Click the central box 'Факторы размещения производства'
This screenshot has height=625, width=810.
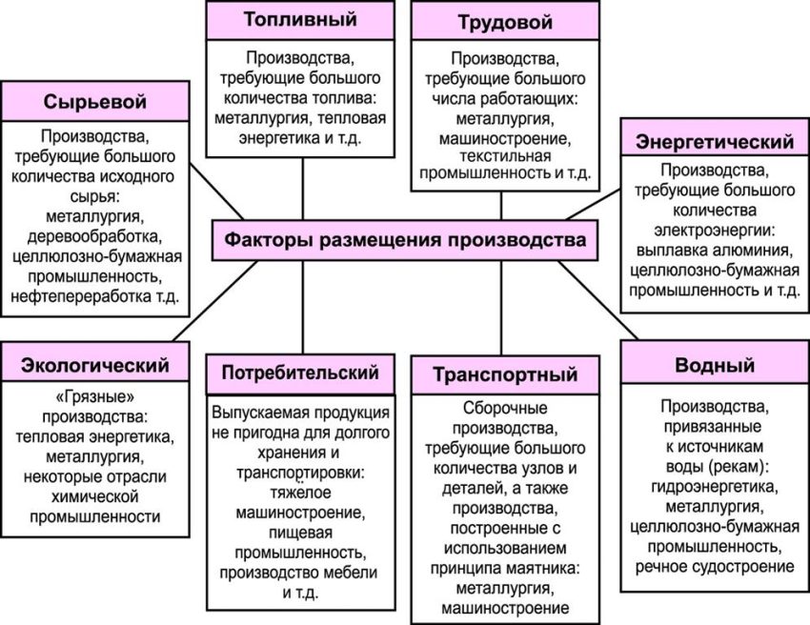pyautogui.click(x=405, y=240)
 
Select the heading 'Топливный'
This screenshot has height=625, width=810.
pyautogui.click(x=300, y=20)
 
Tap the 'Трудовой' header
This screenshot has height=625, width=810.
pyautogui.click(x=505, y=21)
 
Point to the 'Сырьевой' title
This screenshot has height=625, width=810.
pyautogui.click(x=95, y=101)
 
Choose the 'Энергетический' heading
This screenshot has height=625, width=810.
pyautogui.click(x=715, y=141)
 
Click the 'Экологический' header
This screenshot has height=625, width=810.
pyautogui.click(x=95, y=365)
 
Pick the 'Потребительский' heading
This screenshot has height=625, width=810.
pyautogui.click(x=300, y=373)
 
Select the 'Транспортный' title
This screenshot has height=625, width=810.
pyautogui.click(x=505, y=374)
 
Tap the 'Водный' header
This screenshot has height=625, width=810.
pyautogui.click(x=715, y=365)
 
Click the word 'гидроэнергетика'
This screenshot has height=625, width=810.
pyautogui.click(x=715, y=487)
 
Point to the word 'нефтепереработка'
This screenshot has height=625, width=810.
pyautogui.click(x=80, y=297)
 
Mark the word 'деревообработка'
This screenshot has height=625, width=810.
pyautogui.click(x=95, y=236)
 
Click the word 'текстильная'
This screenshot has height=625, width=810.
pyautogui.click(x=505, y=155)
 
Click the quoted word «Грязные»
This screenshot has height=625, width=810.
pyautogui.click(x=94, y=397)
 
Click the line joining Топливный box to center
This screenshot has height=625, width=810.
pyautogui.click(x=303, y=189)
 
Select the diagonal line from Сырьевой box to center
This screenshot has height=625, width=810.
pyautogui.click(x=216, y=192)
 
